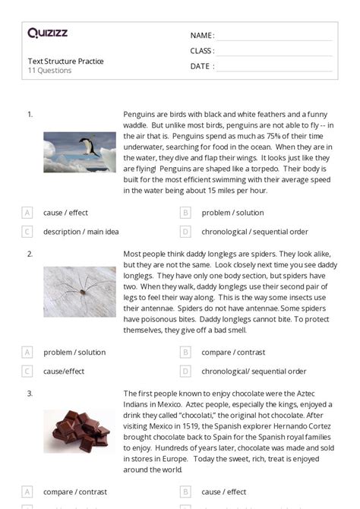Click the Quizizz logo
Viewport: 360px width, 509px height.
[47, 33]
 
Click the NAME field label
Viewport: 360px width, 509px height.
[202, 36]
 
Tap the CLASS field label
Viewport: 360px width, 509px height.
[202, 51]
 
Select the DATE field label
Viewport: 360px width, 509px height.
[201, 66]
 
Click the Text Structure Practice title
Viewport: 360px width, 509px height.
[65, 61]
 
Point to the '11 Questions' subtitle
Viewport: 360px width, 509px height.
[49, 71]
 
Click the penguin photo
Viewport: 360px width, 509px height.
[79, 152]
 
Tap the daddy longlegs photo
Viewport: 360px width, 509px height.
[79, 291]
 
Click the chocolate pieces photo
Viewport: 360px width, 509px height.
[79, 432]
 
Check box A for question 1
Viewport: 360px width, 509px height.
[27, 213]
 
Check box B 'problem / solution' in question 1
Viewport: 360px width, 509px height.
[185, 213]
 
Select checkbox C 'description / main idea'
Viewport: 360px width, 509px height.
[27, 232]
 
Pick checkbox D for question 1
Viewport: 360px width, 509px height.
[185, 232]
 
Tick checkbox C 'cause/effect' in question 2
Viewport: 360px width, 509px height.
[27, 371]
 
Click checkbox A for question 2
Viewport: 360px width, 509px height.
[27, 353]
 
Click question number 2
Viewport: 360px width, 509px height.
[30, 254]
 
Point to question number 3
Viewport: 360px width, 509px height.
[30, 394]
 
